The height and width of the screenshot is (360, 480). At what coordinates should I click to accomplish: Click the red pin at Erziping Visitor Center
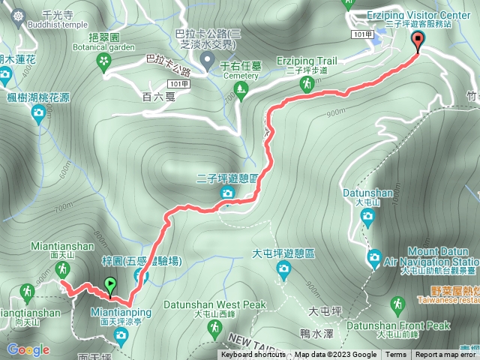[x=417, y=41]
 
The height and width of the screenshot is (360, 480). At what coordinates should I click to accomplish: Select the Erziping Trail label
[x=307, y=59]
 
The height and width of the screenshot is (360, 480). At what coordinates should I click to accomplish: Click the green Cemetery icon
[x=241, y=90]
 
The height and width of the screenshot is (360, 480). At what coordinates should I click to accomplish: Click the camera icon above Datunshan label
[x=367, y=217]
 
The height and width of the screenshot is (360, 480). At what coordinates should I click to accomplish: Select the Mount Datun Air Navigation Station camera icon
[x=373, y=258]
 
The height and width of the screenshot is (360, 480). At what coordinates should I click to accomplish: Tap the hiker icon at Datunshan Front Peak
[x=398, y=306]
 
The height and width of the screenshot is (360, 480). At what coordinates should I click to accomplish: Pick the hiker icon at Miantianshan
[x=64, y=269]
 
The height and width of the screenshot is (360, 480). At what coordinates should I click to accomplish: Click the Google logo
[x=28, y=349]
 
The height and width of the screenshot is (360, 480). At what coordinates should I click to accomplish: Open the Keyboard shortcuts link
[x=254, y=355]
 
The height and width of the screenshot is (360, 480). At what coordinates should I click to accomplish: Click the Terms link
[x=396, y=355]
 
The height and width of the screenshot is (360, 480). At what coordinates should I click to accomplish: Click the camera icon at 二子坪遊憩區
[x=226, y=194]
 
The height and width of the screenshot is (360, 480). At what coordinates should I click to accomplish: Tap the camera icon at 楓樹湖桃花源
[x=38, y=113]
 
